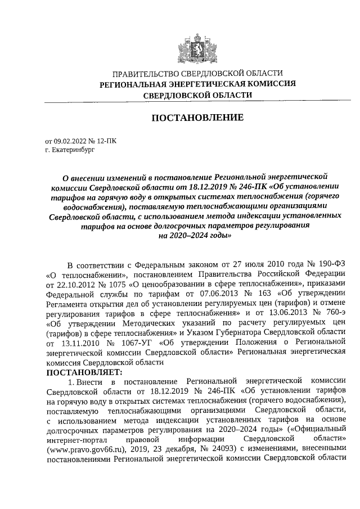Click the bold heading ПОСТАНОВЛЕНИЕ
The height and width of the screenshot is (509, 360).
(x=197, y=118)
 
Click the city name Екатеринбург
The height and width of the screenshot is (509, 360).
(x=69, y=150)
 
